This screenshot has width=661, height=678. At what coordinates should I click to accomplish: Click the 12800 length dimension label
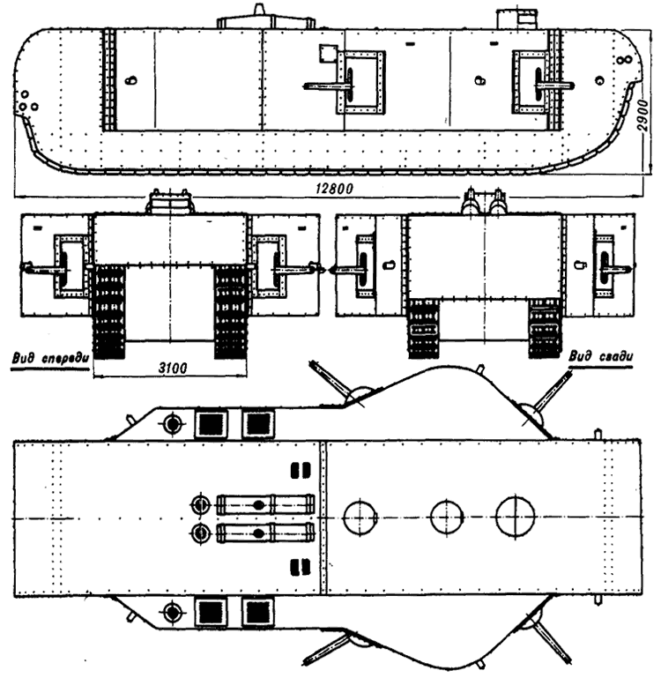coord(334,189)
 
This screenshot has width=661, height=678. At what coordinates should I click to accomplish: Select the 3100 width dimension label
coord(173,368)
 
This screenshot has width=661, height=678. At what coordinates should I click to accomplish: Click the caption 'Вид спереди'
coord(50,359)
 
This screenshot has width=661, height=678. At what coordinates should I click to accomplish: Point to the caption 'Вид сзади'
coord(600,356)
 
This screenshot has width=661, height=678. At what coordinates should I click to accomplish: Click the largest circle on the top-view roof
coord(515,517)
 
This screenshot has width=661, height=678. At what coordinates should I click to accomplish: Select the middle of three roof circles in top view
coord(447,517)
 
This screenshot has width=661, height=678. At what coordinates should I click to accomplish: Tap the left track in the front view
coord(109,312)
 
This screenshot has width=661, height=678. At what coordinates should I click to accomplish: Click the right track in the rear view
coord(545,328)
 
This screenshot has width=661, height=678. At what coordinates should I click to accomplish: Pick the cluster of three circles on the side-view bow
coord(27,102)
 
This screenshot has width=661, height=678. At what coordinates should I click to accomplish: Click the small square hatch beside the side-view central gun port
coord(328,54)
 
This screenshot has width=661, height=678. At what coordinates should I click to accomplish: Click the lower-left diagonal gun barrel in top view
coord(327,648)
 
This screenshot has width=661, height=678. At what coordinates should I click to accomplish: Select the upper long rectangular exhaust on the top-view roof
coord(265,504)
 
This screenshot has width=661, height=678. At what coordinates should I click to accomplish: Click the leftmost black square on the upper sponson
coord(211,424)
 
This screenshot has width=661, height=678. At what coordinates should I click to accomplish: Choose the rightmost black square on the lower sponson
coord(257,611)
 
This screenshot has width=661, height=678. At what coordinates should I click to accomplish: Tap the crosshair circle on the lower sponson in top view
coord(172,612)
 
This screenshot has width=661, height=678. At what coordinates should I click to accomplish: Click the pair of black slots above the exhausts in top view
coord(301,470)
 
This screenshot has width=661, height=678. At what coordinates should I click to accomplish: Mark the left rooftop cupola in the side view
coord(265,19)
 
